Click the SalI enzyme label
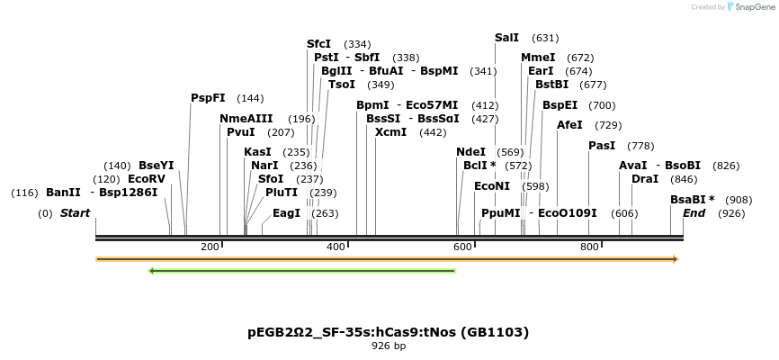click(x=507, y=38)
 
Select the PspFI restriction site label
click(x=208, y=98)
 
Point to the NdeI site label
click(x=470, y=152)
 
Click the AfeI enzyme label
click(x=569, y=125)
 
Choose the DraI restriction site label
click(x=645, y=179)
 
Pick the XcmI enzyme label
click(x=390, y=132)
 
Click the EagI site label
click(x=286, y=213)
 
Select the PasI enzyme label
click(x=602, y=146)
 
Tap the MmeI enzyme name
click(x=538, y=58)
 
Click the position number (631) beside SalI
click(x=545, y=38)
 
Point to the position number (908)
click(x=739, y=200)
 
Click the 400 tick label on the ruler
click(x=336, y=247)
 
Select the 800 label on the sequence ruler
click(x=588, y=247)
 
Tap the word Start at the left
click(x=76, y=213)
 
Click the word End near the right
click(x=694, y=213)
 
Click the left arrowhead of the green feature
click(x=152, y=270)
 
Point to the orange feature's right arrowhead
click(x=675, y=259)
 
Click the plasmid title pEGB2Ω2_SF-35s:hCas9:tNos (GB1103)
click(x=389, y=332)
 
